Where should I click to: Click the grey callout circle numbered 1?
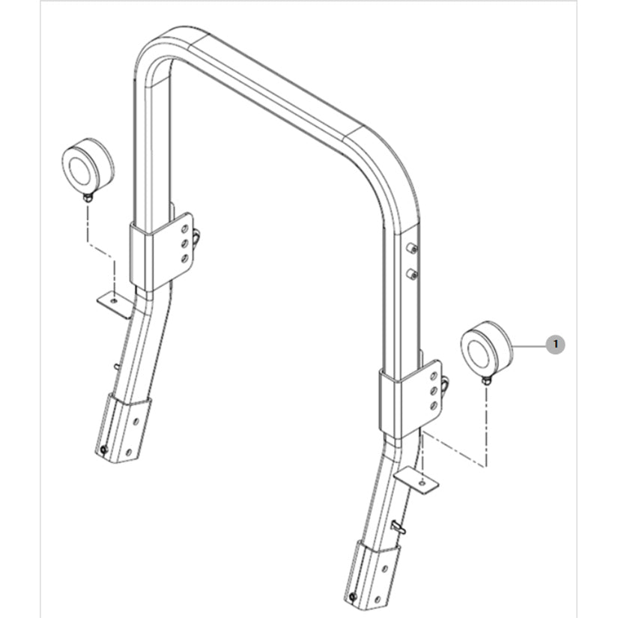[x=555, y=345]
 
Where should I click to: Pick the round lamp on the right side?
[x=487, y=348]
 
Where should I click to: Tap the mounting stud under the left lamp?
[x=88, y=198]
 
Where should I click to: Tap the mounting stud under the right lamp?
[x=486, y=381]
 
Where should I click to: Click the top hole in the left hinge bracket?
[x=184, y=229]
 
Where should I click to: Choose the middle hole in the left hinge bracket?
[x=184, y=244]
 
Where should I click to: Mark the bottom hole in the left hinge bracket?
[x=184, y=259]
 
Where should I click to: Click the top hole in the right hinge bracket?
[x=433, y=376]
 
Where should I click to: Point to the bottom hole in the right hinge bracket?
[x=433, y=405]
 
